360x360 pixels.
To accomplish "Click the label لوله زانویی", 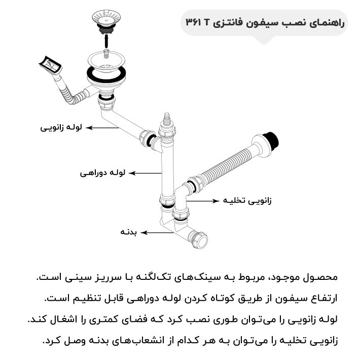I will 61,127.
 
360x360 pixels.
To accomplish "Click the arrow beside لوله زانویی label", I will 101,128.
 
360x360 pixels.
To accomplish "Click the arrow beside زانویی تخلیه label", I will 205,201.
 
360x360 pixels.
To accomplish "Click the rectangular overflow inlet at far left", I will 50,65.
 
